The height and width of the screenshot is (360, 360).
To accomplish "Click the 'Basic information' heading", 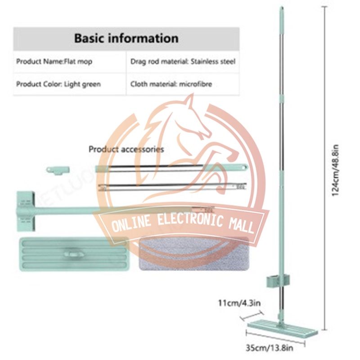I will (x=126, y=38).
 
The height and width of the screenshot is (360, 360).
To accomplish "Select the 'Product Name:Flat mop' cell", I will (x=54, y=61).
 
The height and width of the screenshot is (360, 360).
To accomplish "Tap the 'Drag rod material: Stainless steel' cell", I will (x=183, y=61).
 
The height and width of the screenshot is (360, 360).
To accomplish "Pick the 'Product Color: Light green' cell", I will (x=58, y=84).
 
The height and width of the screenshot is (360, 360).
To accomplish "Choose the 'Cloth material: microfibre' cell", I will (x=171, y=84).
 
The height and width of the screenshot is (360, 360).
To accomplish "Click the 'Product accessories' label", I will (x=126, y=149).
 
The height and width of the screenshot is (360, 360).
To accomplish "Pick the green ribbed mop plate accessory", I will (x=74, y=255).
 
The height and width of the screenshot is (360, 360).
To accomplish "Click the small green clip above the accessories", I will (x=58, y=170).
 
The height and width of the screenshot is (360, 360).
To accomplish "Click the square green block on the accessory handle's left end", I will (x=25, y=208).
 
